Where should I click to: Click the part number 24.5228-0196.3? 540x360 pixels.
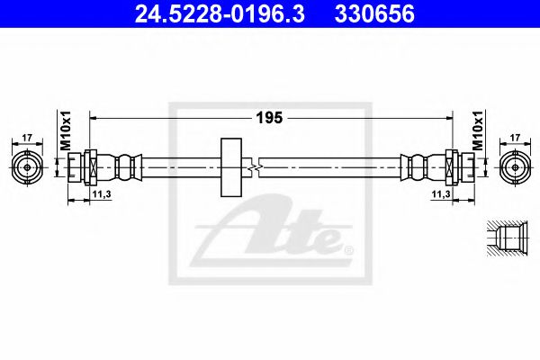(220, 14)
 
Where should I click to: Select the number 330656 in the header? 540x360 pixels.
(374, 14)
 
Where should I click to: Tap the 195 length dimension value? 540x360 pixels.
(269, 118)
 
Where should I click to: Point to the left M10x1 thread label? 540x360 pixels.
(66, 130)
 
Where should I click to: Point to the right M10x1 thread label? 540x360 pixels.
(478, 130)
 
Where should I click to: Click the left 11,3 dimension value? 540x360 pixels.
(101, 194)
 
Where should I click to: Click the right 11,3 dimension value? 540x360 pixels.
(441, 194)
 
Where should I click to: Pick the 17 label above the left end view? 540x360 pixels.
(27, 138)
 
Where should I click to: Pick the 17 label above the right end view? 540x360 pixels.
(515, 138)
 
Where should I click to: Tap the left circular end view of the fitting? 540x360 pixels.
(27, 167)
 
